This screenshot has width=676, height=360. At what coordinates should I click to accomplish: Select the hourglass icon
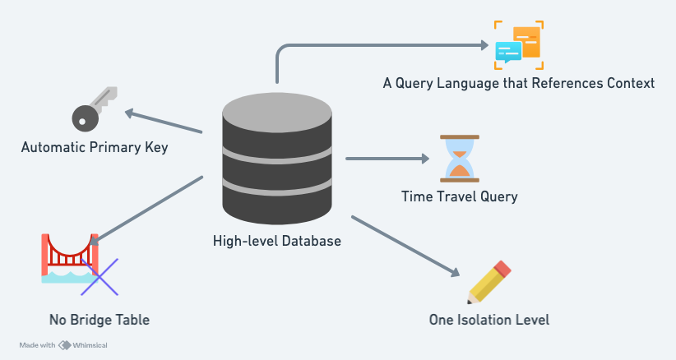[x=460, y=158]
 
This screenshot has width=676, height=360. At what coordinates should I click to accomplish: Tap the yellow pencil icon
[x=489, y=283]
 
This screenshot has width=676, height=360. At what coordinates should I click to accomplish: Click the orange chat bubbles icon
[x=518, y=45]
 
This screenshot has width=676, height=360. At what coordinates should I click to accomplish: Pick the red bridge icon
[x=69, y=257]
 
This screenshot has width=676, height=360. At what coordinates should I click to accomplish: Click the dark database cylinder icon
[x=277, y=155]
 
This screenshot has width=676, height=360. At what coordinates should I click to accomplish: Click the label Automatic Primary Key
[x=95, y=148]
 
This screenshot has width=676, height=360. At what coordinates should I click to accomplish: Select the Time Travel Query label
[x=459, y=196]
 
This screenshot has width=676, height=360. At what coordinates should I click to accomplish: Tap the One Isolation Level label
[x=488, y=320]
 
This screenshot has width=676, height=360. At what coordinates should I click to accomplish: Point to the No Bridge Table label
[x=100, y=319]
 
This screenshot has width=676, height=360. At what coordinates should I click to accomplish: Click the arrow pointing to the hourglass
[x=387, y=158]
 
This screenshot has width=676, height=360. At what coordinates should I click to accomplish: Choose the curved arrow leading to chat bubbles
[x=370, y=46]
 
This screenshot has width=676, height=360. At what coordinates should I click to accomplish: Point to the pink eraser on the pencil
[x=503, y=269]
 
